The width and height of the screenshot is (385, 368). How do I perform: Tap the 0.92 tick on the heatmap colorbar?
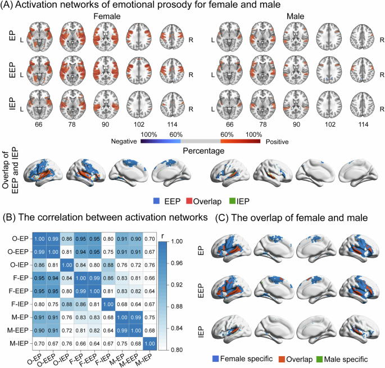pos(171,276)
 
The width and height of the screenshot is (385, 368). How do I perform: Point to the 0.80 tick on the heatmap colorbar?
pos(171,333)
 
